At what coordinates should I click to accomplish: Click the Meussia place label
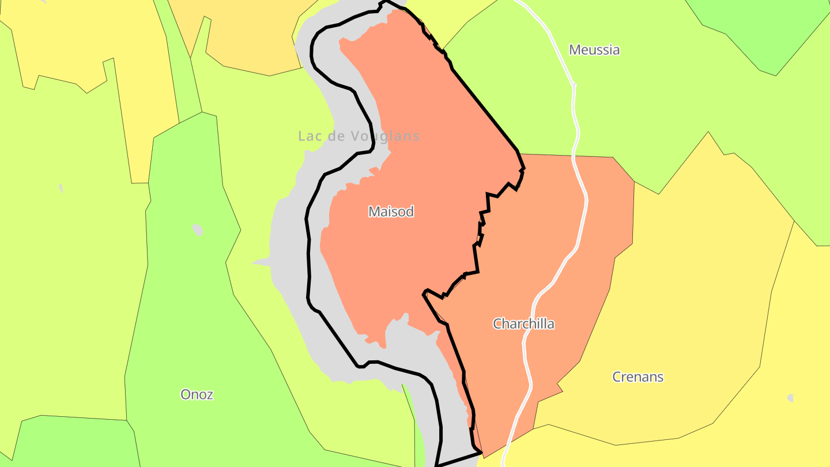point(594,50)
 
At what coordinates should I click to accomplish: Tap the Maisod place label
point(391,212)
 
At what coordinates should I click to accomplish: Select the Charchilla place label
point(523,323)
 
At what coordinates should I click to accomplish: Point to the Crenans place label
point(637,377)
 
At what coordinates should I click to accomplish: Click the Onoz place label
point(197,394)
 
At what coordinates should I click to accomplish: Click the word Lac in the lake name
point(309,136)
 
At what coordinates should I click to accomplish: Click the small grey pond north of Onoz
point(197,229)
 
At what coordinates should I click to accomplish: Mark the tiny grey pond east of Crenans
point(791,398)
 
